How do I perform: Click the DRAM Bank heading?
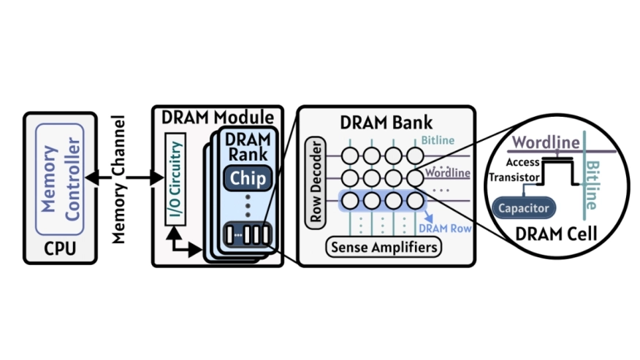[388, 124]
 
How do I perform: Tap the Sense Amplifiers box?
[384, 248]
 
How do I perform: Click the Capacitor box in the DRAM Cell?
[522, 208]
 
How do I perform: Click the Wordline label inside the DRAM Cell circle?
[545, 141]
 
